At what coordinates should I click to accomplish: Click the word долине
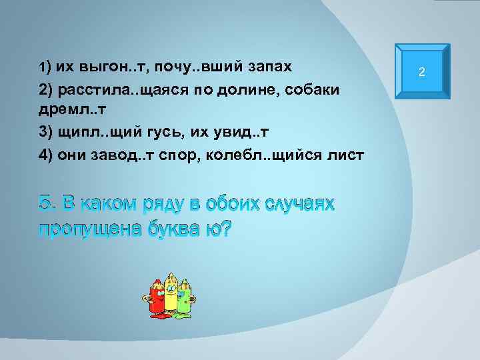(x=255, y=89)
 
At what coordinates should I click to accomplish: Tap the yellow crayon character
(x=171, y=293)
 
